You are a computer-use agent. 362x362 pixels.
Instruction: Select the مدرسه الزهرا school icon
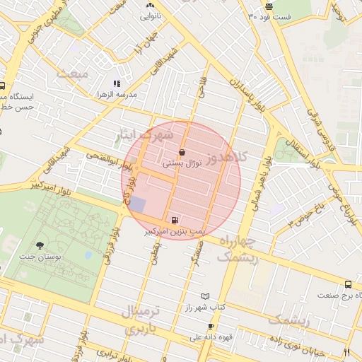point(116,83)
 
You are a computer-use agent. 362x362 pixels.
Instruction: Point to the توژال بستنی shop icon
point(183,152)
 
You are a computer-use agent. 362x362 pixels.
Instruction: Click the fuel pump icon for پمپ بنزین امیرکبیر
point(175,220)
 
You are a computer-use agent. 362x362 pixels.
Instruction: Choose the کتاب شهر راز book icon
point(206,296)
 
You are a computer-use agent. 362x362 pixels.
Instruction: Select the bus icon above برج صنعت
point(347,284)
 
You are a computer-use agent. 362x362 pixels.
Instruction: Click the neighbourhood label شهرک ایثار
point(146,135)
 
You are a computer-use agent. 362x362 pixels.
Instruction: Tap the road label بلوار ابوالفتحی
point(106,161)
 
